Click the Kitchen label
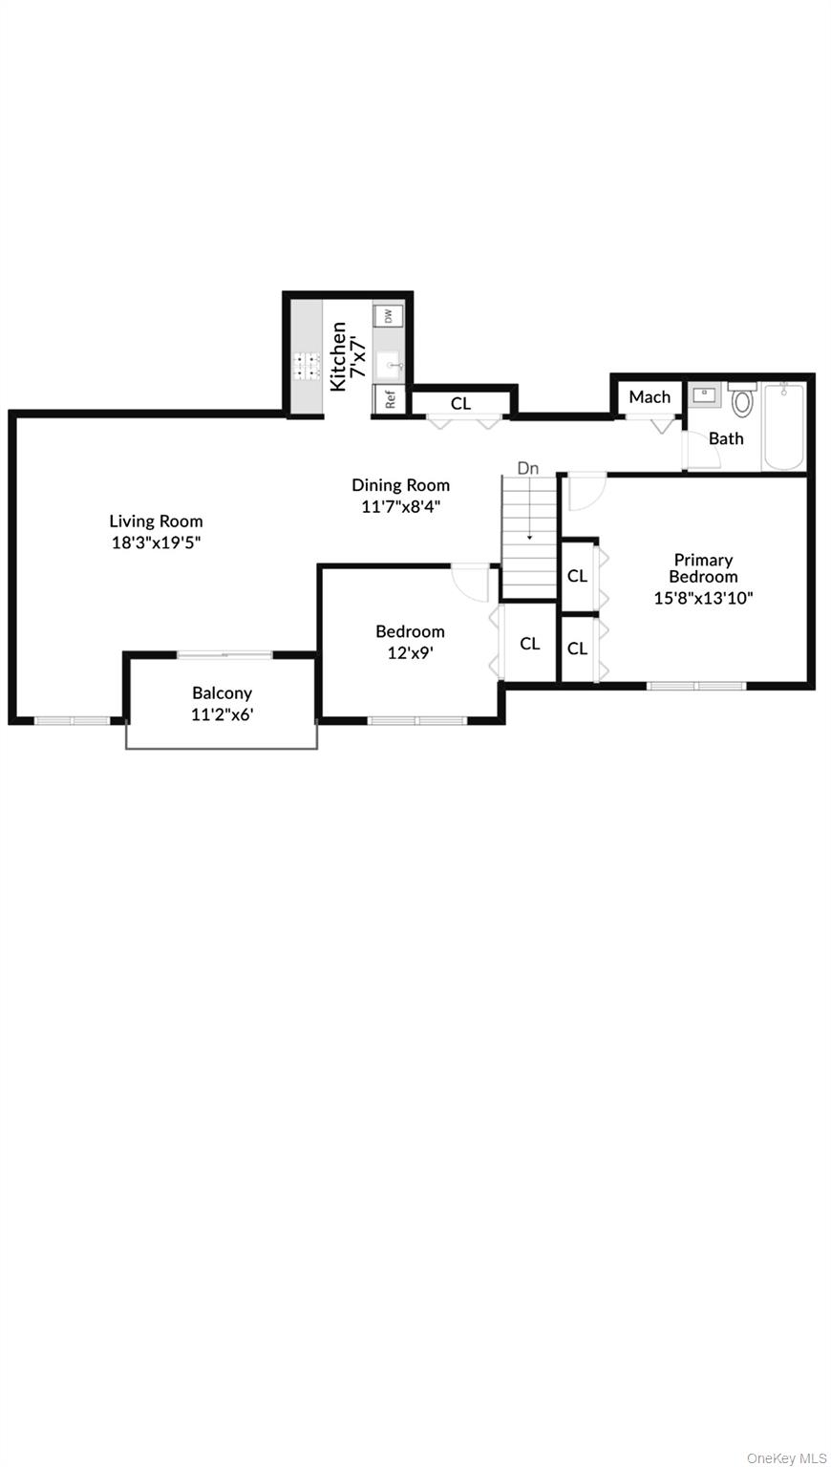[x=338, y=356]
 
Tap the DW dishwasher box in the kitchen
[x=389, y=315]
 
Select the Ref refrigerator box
[x=390, y=399]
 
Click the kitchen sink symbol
[x=389, y=365]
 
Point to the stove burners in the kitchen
[x=307, y=366]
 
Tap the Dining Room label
[x=400, y=485]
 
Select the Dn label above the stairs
[x=528, y=468]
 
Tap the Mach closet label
[x=650, y=396]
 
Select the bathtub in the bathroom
[x=784, y=426]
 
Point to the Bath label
[x=726, y=438]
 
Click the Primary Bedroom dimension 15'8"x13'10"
[x=703, y=599]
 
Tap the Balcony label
[x=222, y=693]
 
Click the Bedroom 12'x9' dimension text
[x=410, y=654]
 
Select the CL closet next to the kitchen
[x=461, y=403]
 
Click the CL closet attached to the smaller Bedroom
[x=530, y=644]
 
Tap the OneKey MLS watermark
[x=786, y=1457]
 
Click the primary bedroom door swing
[x=585, y=492]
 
